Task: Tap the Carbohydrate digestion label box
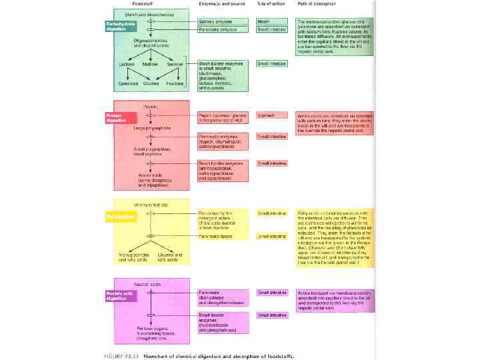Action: click(x=118, y=27)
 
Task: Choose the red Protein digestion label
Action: click(x=117, y=119)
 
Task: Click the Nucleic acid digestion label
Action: click(x=119, y=295)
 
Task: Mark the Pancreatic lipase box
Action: click(x=217, y=236)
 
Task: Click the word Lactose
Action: click(x=126, y=64)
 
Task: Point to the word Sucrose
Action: click(x=175, y=64)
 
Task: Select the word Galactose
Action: click(x=128, y=83)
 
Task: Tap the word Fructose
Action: click(x=175, y=83)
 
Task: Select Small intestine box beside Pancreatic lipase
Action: click(x=272, y=236)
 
